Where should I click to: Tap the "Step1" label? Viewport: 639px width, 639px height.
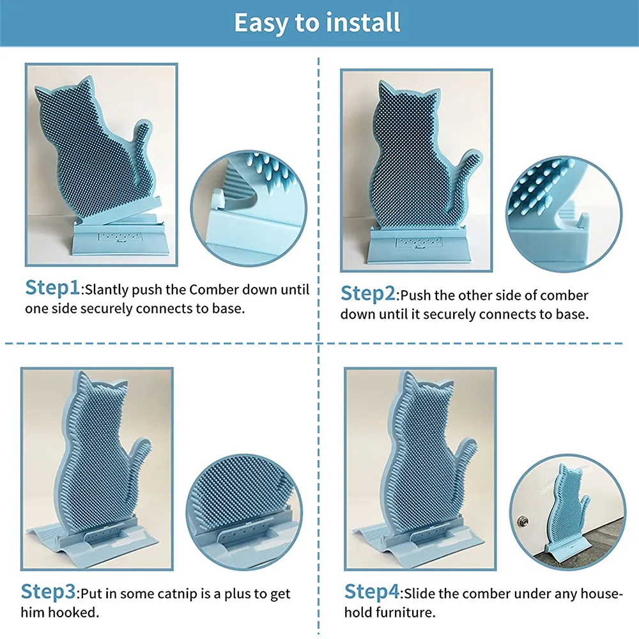(52, 288)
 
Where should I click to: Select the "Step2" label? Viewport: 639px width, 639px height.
(368, 294)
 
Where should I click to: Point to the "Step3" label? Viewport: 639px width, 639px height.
(48, 592)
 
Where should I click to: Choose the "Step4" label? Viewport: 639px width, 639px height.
(372, 592)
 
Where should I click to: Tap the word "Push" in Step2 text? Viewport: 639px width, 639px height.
(416, 295)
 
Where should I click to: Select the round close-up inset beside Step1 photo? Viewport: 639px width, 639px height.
(249, 208)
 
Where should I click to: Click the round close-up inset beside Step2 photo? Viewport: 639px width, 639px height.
(564, 213)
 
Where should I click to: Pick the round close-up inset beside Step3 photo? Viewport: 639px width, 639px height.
(244, 512)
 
